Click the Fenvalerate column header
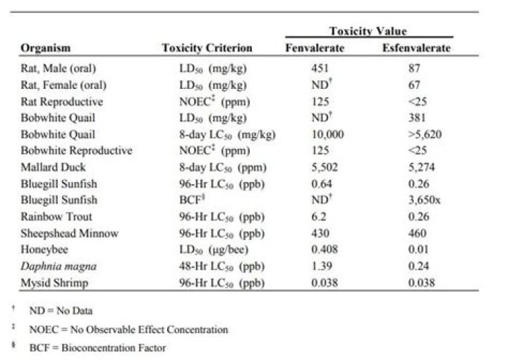(315, 48)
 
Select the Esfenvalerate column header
(416, 48)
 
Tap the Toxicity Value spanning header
(368, 31)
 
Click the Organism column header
(45, 48)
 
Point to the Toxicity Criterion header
(207, 48)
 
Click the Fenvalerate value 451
(320, 68)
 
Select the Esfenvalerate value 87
(414, 68)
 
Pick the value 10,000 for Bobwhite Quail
(327, 134)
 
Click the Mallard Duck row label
(53, 167)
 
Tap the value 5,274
(421, 167)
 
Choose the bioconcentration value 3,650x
(424, 200)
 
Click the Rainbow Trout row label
(56, 217)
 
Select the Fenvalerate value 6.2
(318, 217)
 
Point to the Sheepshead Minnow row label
(69, 234)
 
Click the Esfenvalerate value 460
(417, 234)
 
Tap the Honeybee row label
(44, 249)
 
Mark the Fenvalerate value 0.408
(325, 249)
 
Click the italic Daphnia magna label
(59, 266)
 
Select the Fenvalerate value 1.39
(322, 266)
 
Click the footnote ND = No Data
(61, 311)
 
